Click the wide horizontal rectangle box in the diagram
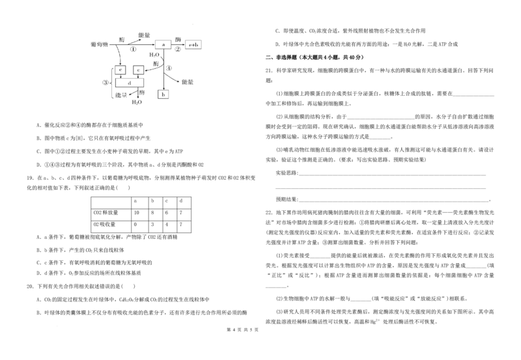coord(130,82)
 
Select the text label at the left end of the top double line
coord(100,45)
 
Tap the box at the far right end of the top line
coord(194,45)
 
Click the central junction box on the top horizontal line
coord(163,44)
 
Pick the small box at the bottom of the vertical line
coord(163,94)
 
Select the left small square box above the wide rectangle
coord(119,70)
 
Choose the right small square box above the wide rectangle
coord(137,69)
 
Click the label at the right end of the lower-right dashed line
coord(188,83)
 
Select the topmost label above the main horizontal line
coord(144,35)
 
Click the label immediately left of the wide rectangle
coord(106,83)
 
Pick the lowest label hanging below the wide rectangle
coord(137,102)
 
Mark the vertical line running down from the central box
coord(164,68)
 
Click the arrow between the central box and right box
coord(177,45)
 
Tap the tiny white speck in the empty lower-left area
coord(101,221)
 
